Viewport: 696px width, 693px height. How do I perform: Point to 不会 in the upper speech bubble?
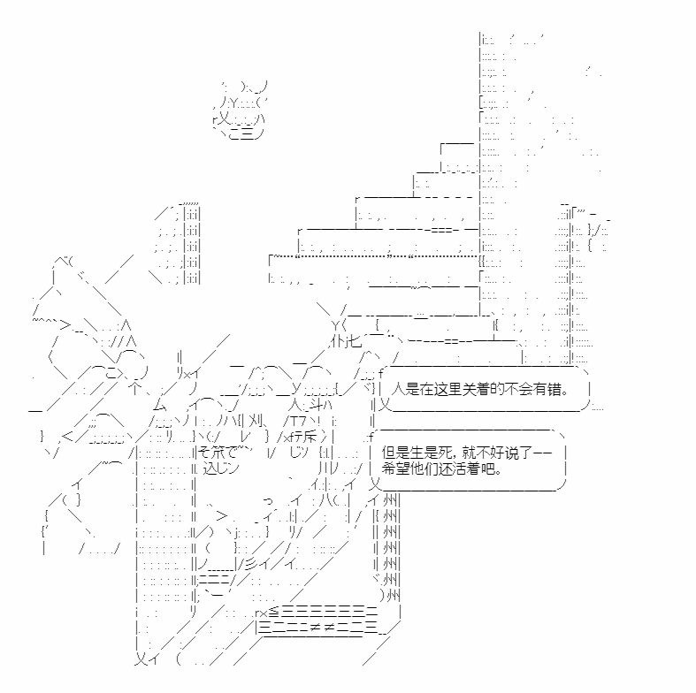(518, 389)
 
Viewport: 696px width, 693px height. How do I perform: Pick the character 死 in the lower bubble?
(445, 453)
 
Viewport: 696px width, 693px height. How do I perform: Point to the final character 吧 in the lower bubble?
(488, 468)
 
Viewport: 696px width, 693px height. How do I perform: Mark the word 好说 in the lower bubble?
(503, 453)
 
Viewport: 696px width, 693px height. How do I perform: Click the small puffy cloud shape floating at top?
(241, 110)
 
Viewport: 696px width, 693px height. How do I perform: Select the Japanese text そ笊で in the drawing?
(218, 453)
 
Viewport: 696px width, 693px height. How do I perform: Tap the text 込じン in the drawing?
(221, 468)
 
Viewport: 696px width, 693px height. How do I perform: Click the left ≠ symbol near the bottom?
(314, 627)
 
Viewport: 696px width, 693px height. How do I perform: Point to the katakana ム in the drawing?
(160, 405)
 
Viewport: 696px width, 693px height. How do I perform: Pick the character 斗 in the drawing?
(316, 405)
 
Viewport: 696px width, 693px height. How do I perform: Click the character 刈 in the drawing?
(256, 421)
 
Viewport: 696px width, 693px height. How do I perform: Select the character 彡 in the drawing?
(252, 564)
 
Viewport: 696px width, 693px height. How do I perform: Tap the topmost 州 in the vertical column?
(390, 500)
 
